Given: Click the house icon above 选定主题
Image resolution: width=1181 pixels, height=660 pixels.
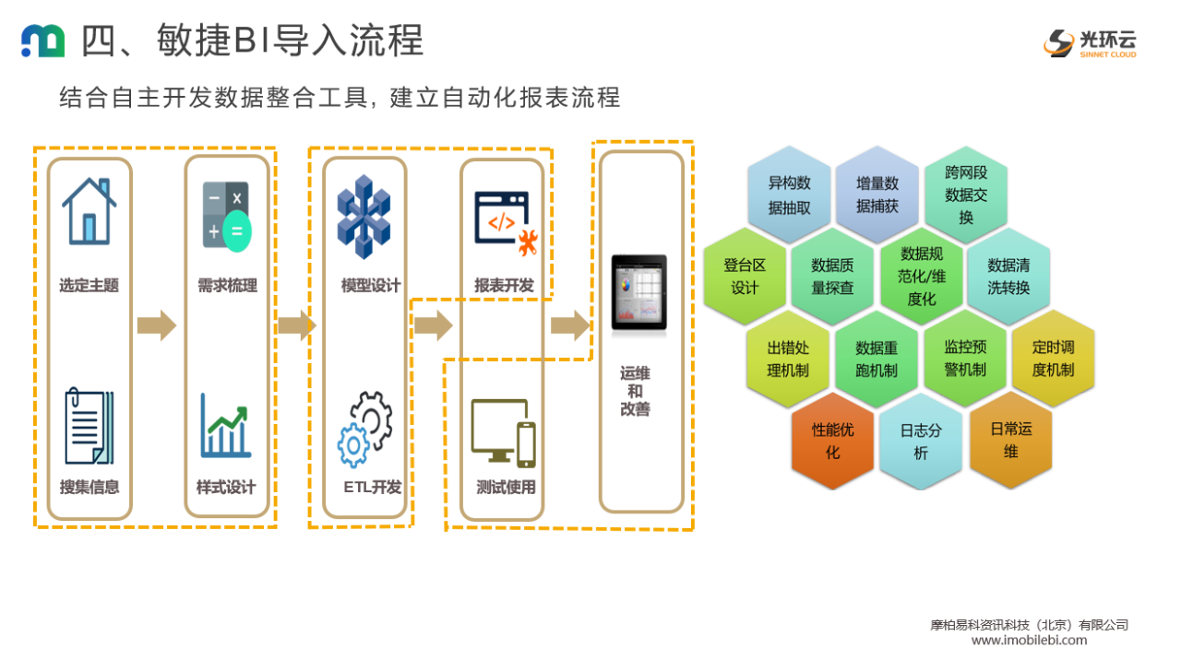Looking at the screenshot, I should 89,211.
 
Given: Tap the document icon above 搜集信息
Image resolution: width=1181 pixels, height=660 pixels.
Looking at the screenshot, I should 89,427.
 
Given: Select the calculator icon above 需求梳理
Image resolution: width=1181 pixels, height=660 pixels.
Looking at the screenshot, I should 226,217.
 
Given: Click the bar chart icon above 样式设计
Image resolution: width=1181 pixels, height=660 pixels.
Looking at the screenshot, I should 226,426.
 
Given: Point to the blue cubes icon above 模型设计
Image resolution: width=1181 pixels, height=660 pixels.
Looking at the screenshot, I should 364,218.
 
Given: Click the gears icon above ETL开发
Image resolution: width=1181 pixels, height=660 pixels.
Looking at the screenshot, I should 365,429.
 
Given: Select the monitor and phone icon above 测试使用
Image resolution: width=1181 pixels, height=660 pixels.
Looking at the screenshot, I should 503,432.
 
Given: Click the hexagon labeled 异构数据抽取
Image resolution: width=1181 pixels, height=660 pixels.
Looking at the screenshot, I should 789,194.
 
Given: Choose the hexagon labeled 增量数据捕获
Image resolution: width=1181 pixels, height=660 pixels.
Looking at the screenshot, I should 877,194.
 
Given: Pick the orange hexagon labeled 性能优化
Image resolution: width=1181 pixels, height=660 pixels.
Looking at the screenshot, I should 832,441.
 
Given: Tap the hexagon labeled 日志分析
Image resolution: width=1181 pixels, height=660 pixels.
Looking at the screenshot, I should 920,441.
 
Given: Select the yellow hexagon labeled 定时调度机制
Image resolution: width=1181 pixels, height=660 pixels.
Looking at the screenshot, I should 1053,359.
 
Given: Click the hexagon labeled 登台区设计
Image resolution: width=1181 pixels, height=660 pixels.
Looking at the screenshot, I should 745,277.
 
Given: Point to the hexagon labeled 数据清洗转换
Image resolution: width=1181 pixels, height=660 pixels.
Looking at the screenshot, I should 1008,277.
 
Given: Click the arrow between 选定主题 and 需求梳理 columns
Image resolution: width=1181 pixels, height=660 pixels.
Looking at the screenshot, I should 156,325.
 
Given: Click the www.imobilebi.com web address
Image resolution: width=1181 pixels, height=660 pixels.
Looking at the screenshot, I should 1029,640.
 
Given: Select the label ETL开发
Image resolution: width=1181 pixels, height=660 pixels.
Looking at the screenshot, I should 372,487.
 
